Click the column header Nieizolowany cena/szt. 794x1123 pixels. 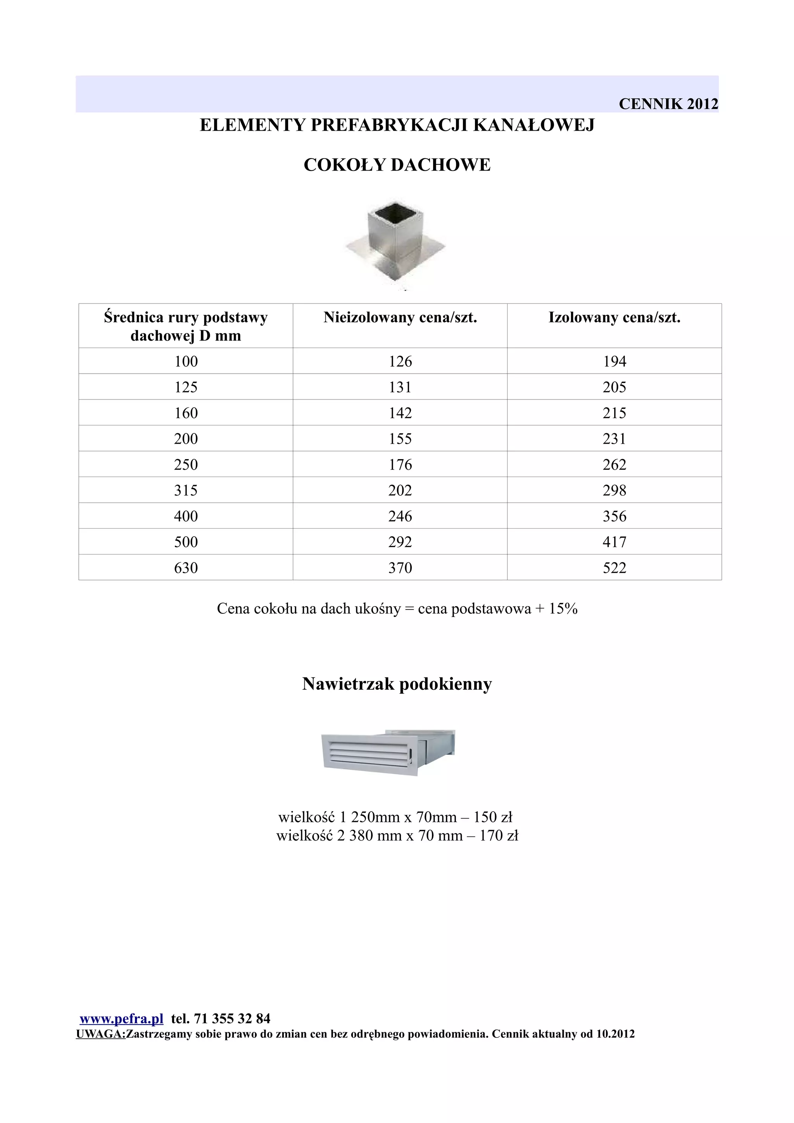(400, 317)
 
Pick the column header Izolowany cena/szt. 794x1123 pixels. (614, 317)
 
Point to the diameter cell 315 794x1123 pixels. (186, 490)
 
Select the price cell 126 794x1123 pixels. (400, 362)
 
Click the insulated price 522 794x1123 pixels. (614, 568)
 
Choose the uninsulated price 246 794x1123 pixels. (400, 516)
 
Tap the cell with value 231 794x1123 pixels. (614, 439)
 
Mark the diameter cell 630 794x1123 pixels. (186, 568)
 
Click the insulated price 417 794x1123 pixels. (614, 542)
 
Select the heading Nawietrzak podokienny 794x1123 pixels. (397, 684)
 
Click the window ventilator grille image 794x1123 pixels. (388, 754)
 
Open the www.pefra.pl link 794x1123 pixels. (121, 1018)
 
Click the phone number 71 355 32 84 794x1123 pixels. (232, 1018)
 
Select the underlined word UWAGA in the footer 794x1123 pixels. (100, 1033)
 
